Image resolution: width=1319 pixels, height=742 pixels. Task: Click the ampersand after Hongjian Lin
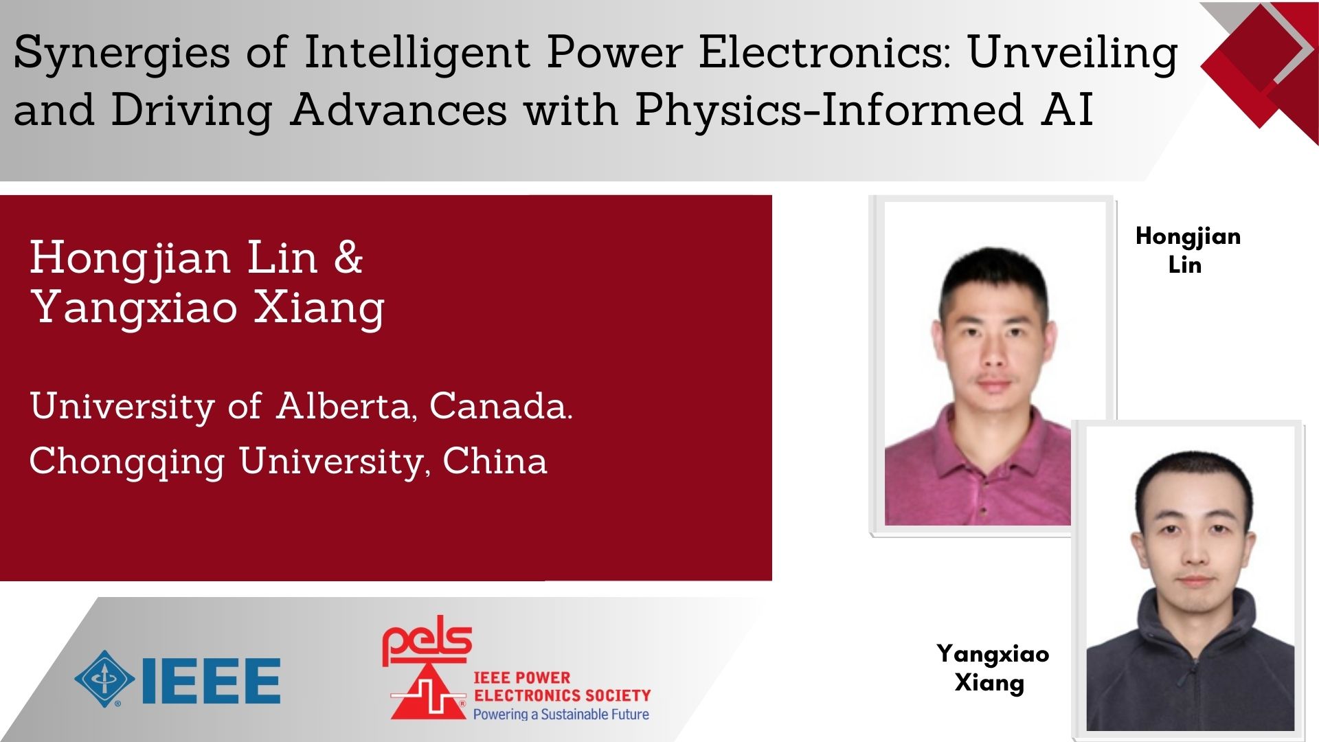tap(348, 258)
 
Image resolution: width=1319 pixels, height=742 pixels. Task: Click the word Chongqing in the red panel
tap(127, 462)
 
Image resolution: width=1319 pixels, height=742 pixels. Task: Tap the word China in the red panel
tap(495, 461)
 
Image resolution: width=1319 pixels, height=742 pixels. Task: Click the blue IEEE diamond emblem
tap(104, 679)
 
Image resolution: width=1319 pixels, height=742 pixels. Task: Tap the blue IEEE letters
tap(211, 681)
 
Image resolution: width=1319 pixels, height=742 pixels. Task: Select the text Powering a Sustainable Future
tap(561, 715)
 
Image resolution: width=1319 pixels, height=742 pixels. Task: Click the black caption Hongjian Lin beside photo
tap(1188, 250)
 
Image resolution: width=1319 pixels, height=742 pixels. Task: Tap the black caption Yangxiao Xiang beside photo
tap(992, 667)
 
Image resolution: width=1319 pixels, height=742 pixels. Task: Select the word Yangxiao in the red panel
tap(135, 307)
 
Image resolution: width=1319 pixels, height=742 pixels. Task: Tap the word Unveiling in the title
tap(1072, 54)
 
